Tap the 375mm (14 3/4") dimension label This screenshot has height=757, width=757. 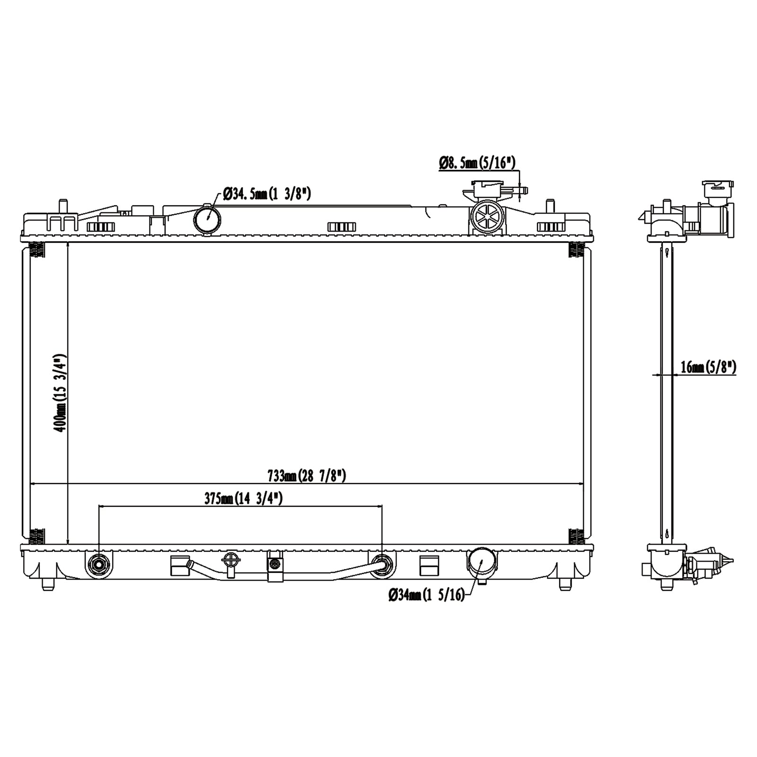click(x=243, y=498)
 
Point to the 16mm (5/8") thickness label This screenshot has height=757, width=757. click(x=708, y=367)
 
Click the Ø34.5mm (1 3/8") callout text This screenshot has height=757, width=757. click(x=266, y=194)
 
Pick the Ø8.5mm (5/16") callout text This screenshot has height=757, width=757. click(x=477, y=163)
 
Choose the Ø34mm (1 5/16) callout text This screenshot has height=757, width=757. click(x=426, y=595)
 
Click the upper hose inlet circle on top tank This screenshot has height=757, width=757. click(x=207, y=218)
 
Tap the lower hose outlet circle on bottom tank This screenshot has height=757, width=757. click(x=481, y=562)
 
